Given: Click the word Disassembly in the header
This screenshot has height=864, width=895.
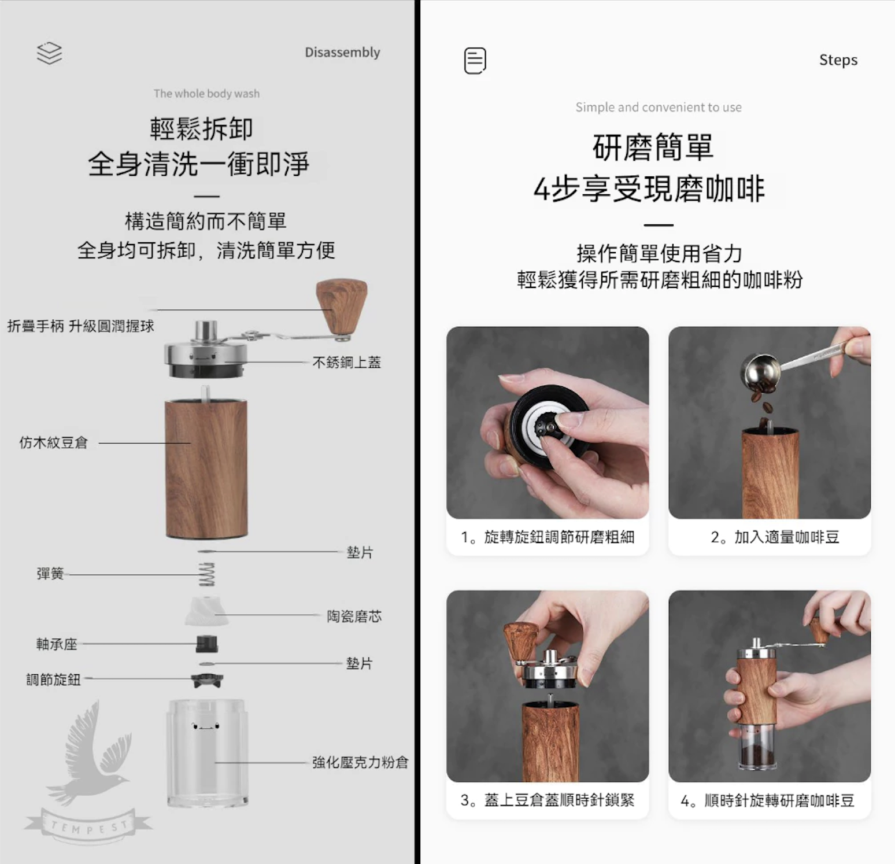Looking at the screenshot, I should tap(342, 52).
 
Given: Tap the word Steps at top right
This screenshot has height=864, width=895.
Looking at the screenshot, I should tap(838, 60).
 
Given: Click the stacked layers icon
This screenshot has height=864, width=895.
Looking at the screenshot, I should tap(49, 53).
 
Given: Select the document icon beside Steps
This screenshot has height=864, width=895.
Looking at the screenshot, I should tap(475, 61).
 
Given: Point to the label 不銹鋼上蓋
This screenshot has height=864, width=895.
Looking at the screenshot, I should tap(346, 363).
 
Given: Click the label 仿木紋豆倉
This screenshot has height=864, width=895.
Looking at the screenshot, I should tap(53, 443).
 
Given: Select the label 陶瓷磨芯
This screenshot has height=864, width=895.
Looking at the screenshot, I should tap(354, 616).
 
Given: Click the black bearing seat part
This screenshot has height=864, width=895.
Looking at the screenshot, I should tap(207, 644).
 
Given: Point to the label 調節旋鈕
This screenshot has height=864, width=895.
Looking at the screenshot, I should tap(53, 680).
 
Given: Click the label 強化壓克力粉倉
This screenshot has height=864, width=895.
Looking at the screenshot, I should tap(360, 763).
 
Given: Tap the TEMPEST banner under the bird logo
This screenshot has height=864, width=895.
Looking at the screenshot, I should tap(88, 827).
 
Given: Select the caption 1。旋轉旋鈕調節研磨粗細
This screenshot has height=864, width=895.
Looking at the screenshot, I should tap(548, 537).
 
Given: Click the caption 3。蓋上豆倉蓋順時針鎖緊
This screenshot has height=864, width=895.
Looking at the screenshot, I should tap(548, 800).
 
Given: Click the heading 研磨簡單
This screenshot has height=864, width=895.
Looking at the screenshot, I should tap(653, 147).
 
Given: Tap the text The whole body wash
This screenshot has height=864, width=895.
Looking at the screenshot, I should tap(206, 94).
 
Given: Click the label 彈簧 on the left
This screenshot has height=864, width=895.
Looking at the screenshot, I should tap(50, 574).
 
